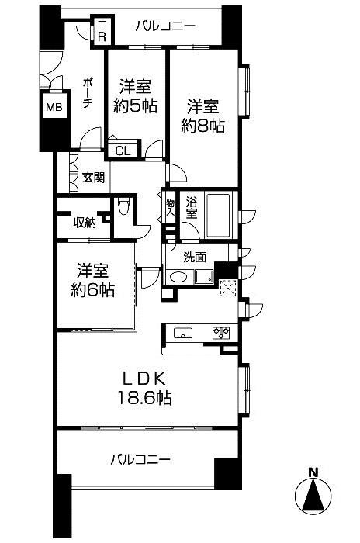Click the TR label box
[x=102, y=30]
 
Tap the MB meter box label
[x=54, y=107]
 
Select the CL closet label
[x=123, y=151]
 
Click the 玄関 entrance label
[x=93, y=178]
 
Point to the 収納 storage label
[x=85, y=223]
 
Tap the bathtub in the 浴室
[x=218, y=215]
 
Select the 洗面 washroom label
[x=195, y=257]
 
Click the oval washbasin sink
[x=178, y=277]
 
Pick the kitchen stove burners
[x=221, y=333]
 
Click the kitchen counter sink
[x=182, y=333]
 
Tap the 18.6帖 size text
[x=145, y=398]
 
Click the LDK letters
[x=145, y=379]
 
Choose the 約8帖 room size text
[x=202, y=126]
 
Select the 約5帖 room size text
[x=136, y=105]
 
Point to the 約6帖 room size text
[x=92, y=289]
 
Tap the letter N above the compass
[x=313, y=472]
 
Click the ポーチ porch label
[x=88, y=94]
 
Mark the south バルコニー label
[x=140, y=459]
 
